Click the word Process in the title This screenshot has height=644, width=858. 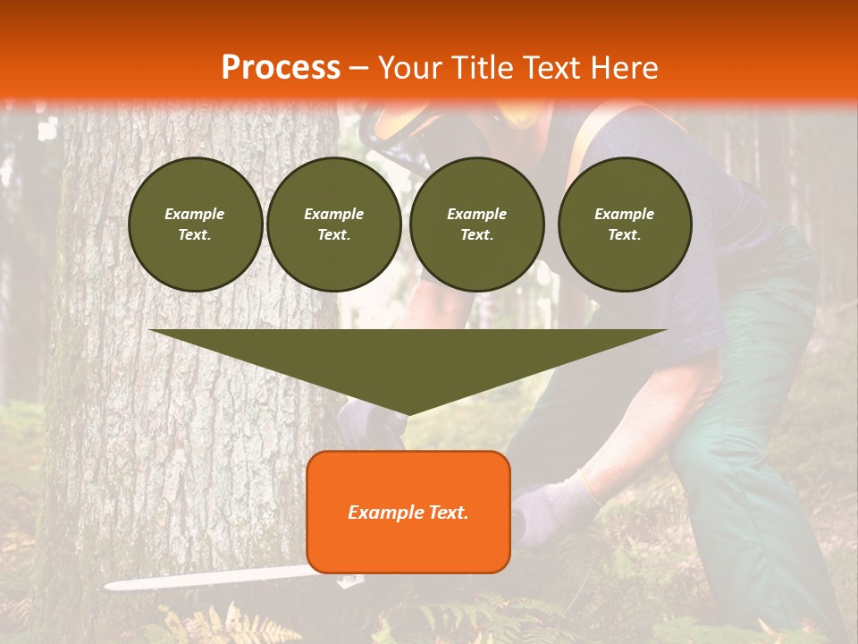pyautogui.click(x=281, y=68)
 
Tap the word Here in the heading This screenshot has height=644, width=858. pyautogui.click(x=626, y=68)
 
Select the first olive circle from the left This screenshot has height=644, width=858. pyautogui.click(x=195, y=225)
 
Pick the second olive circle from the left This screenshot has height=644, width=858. pyautogui.click(x=334, y=225)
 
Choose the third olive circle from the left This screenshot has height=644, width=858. pyautogui.click(x=477, y=225)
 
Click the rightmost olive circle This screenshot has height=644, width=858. pyautogui.click(x=625, y=225)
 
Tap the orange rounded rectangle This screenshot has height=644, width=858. pyautogui.click(x=408, y=513)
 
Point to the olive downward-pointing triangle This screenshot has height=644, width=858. pyautogui.click(x=408, y=358)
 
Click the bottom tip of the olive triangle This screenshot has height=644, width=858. pyautogui.click(x=408, y=412)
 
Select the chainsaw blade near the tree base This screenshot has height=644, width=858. pyautogui.click(x=206, y=579)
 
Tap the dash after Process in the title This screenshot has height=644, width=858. pyautogui.click(x=358, y=68)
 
